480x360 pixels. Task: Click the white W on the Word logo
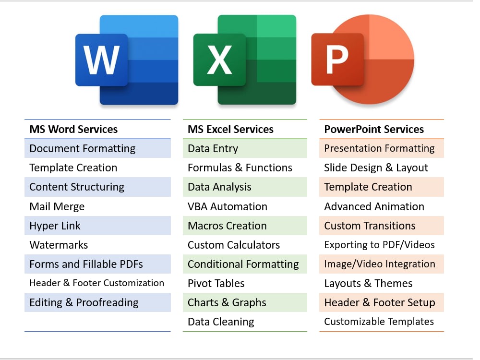(x=101, y=60)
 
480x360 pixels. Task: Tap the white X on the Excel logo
(x=219, y=60)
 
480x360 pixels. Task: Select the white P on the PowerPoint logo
(x=337, y=60)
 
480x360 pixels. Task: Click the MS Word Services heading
(x=73, y=129)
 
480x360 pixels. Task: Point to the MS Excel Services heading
(x=230, y=129)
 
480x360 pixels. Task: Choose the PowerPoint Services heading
(x=374, y=129)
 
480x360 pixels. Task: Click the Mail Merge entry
(x=57, y=206)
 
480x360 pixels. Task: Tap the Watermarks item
(x=59, y=245)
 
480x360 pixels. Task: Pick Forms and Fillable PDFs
(x=86, y=264)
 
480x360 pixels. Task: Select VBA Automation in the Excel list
(x=228, y=206)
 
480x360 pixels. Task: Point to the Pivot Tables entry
(x=216, y=284)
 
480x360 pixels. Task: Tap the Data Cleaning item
(x=221, y=322)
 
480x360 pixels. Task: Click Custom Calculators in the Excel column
(x=234, y=245)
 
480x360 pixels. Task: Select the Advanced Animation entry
(x=374, y=206)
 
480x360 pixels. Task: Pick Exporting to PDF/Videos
(x=380, y=245)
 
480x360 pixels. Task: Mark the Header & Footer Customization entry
(x=97, y=283)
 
